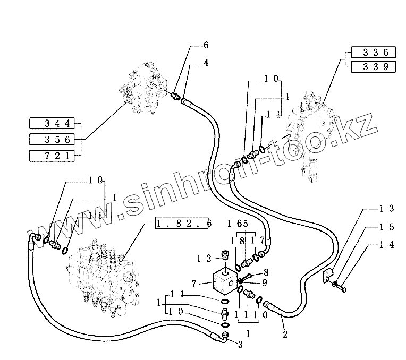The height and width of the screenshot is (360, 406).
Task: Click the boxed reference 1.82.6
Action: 183,224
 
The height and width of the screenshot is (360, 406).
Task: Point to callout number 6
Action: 206,46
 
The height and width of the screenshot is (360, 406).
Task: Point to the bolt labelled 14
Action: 340,288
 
